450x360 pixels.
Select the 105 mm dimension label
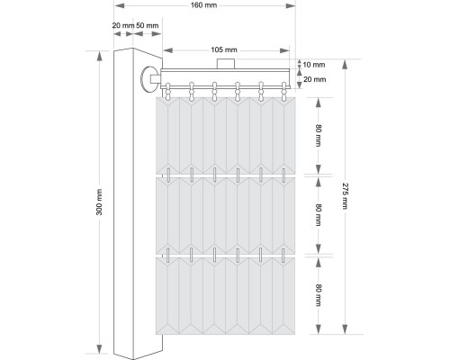point(223,49)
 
